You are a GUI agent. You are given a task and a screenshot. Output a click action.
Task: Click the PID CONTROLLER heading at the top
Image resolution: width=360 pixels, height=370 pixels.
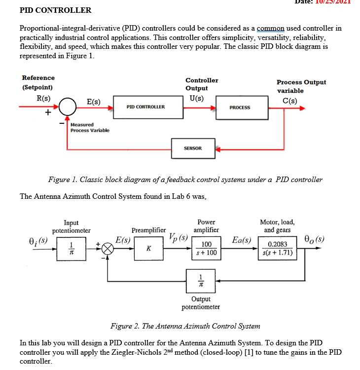(55, 10)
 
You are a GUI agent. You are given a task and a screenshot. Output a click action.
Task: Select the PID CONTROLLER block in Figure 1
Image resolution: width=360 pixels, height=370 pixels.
(145, 107)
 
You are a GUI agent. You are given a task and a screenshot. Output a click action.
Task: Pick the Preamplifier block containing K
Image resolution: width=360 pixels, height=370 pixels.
(148, 249)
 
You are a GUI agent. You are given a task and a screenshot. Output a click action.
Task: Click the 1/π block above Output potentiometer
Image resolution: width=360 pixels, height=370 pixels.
(200, 280)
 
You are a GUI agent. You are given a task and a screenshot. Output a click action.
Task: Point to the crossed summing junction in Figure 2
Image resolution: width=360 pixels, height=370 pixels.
(108, 249)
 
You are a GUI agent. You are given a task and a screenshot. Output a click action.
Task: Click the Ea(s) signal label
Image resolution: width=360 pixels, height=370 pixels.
(242, 241)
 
